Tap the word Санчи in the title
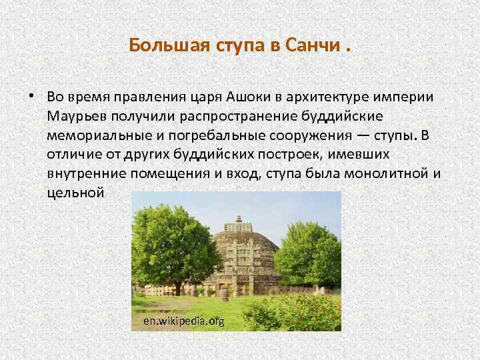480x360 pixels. [309, 45]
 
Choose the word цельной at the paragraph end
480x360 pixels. [76, 194]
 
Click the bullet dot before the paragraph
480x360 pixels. [31, 97]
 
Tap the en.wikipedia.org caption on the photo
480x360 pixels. [184, 321]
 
